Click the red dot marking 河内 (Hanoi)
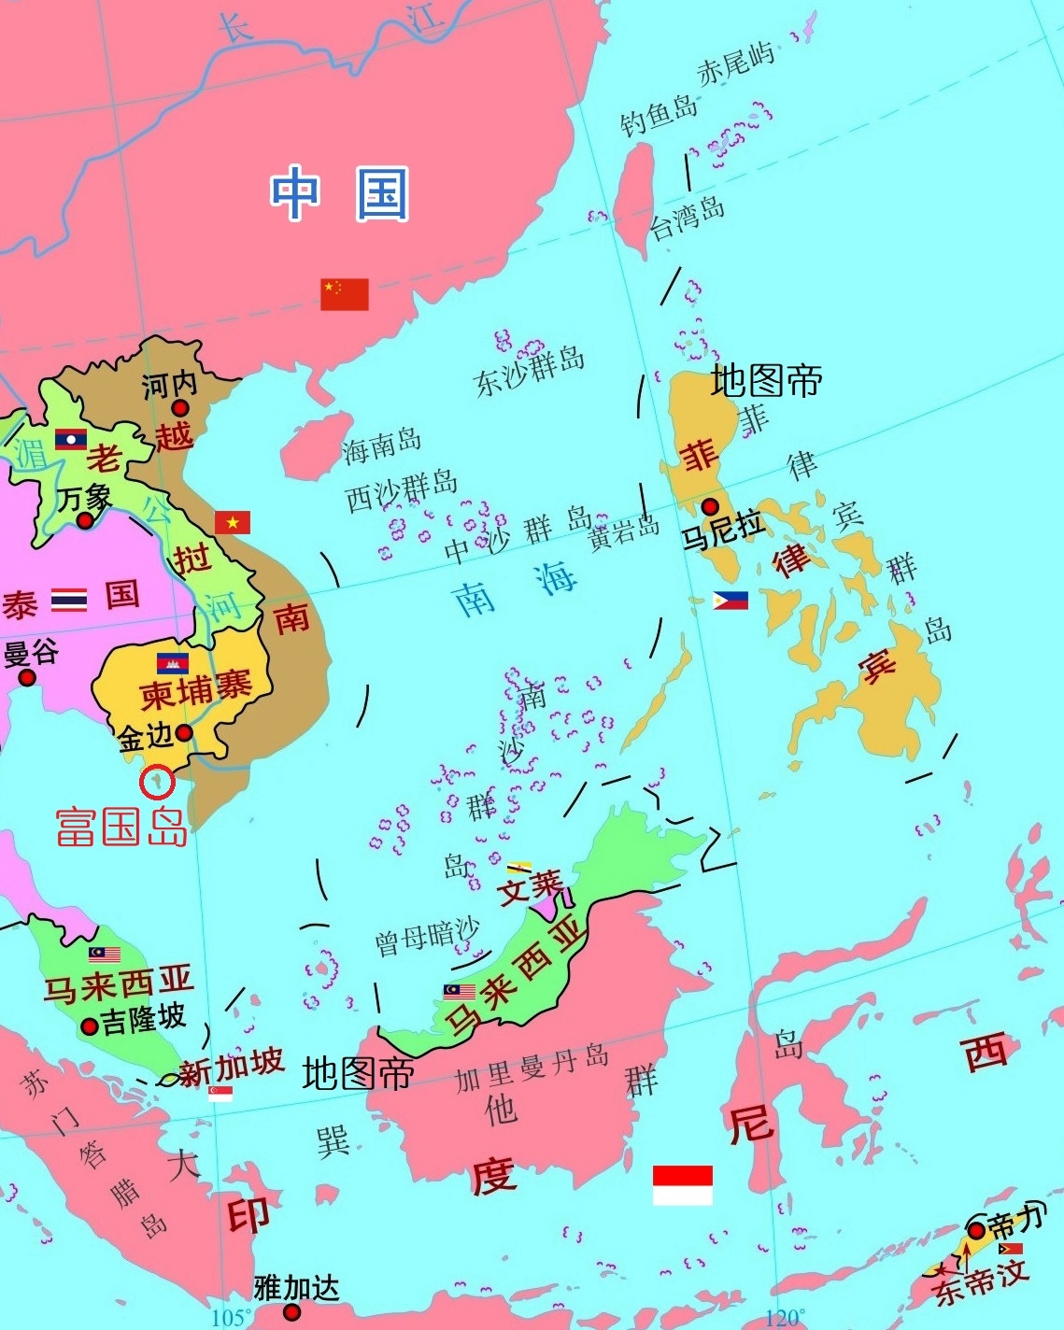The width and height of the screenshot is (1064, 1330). tap(179, 408)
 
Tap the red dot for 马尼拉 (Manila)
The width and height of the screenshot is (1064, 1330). tap(710, 507)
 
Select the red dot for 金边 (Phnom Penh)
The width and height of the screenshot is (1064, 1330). tap(185, 732)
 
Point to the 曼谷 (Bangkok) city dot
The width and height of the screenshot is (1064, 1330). tap(27, 677)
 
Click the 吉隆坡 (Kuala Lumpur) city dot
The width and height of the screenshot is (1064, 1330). tap(90, 1026)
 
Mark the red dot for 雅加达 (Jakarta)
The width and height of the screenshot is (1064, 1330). tap(291, 1312)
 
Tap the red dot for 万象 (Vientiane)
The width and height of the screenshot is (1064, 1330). tap(85, 520)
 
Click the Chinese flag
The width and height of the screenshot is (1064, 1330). tap(345, 293)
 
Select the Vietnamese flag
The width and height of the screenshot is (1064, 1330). tap(233, 522)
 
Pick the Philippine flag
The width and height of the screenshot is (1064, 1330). tap(731, 601)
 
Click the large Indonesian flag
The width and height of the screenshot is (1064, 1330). tap(682, 1184)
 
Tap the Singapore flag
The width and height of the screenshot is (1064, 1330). tap(220, 1093)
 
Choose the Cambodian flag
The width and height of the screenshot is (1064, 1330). tap(173, 663)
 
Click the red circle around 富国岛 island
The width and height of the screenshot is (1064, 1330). tap(157, 782)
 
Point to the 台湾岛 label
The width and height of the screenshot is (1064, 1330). tap(688, 218)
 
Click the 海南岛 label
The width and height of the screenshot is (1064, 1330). tap(382, 446)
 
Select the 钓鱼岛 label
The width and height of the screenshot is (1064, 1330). tap(659, 116)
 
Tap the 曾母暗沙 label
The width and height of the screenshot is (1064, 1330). tap(427, 937)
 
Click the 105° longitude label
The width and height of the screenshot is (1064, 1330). tap(231, 1318)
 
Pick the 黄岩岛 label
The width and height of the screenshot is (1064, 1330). tap(623, 531)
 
